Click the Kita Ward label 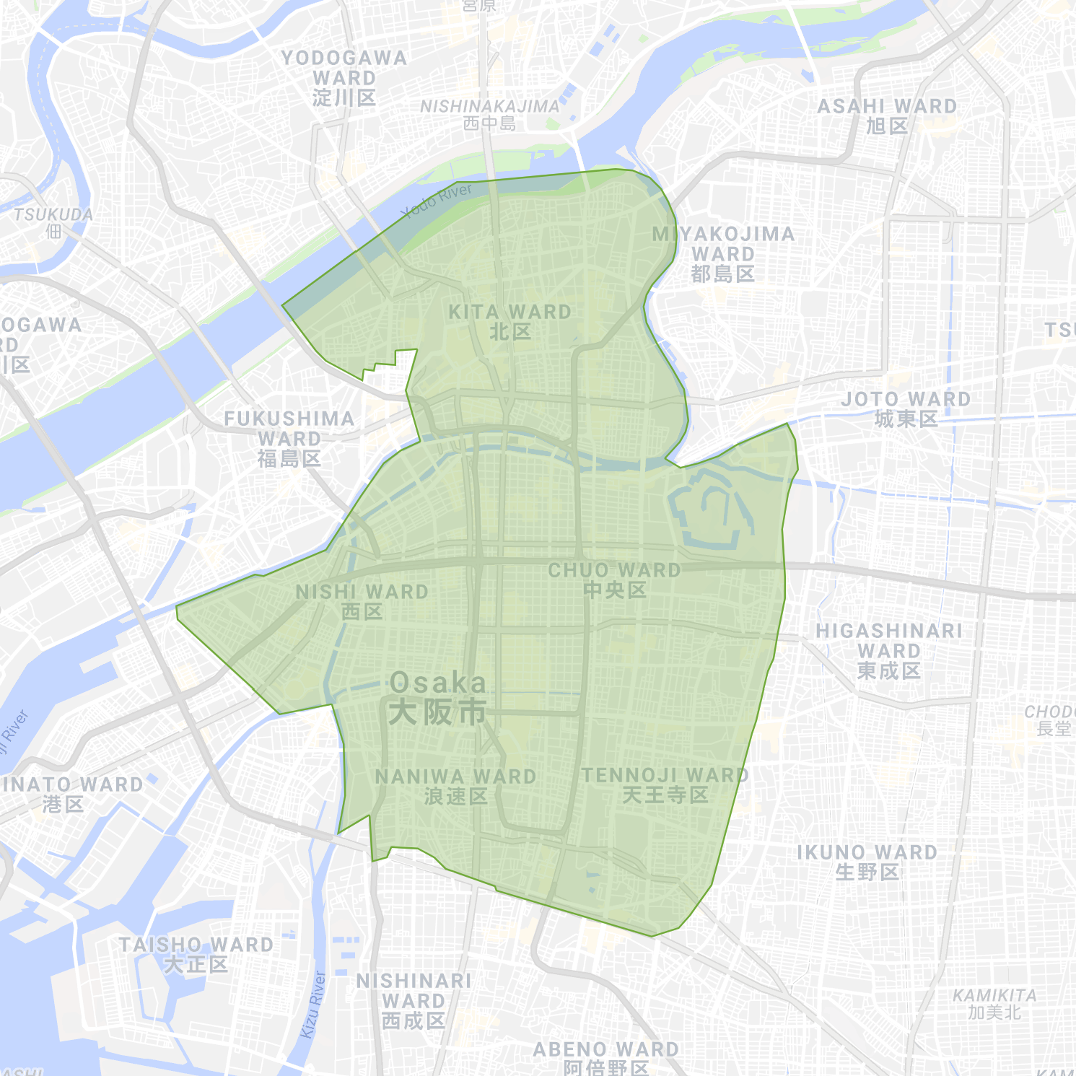tap(509, 322)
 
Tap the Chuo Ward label tap(614, 580)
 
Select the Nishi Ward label tap(362, 602)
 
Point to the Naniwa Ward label tap(455, 787)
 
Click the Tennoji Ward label tap(665, 785)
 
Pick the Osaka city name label tap(438, 697)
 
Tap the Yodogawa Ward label tap(344, 77)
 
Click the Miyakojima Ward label tap(723, 254)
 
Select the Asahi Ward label tap(887, 115)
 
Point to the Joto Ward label tap(906, 408)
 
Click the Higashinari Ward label tap(889, 650)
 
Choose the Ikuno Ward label tap(867, 862)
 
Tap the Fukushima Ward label tap(289, 438)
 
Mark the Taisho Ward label tap(196, 954)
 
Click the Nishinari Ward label tap(414, 1000)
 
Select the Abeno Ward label tap(606, 1058)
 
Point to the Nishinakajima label tap(490, 114)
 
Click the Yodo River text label tap(437, 201)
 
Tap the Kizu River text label tap(313, 1005)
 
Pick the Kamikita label tap(994, 1004)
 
